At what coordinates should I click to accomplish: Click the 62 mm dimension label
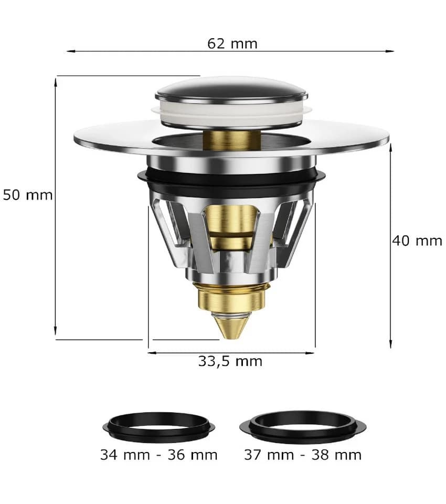[232, 44]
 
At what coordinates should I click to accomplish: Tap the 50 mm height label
[28, 195]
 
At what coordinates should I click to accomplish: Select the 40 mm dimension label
[417, 241]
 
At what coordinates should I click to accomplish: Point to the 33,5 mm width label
[230, 361]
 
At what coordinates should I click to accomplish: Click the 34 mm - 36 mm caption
[159, 455]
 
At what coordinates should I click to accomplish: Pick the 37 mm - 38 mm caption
[303, 455]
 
